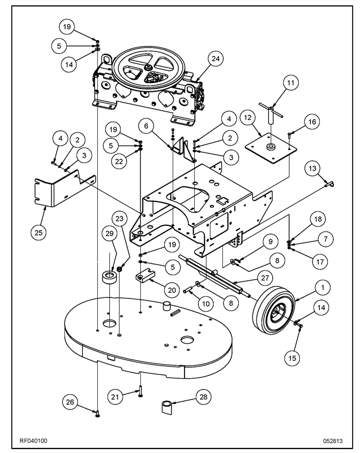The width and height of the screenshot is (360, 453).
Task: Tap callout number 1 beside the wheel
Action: (322, 288)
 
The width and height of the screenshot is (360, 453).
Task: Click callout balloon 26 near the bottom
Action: (70, 403)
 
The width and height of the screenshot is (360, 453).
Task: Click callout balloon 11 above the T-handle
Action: (290, 83)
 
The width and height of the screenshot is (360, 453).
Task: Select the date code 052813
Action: (333, 439)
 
